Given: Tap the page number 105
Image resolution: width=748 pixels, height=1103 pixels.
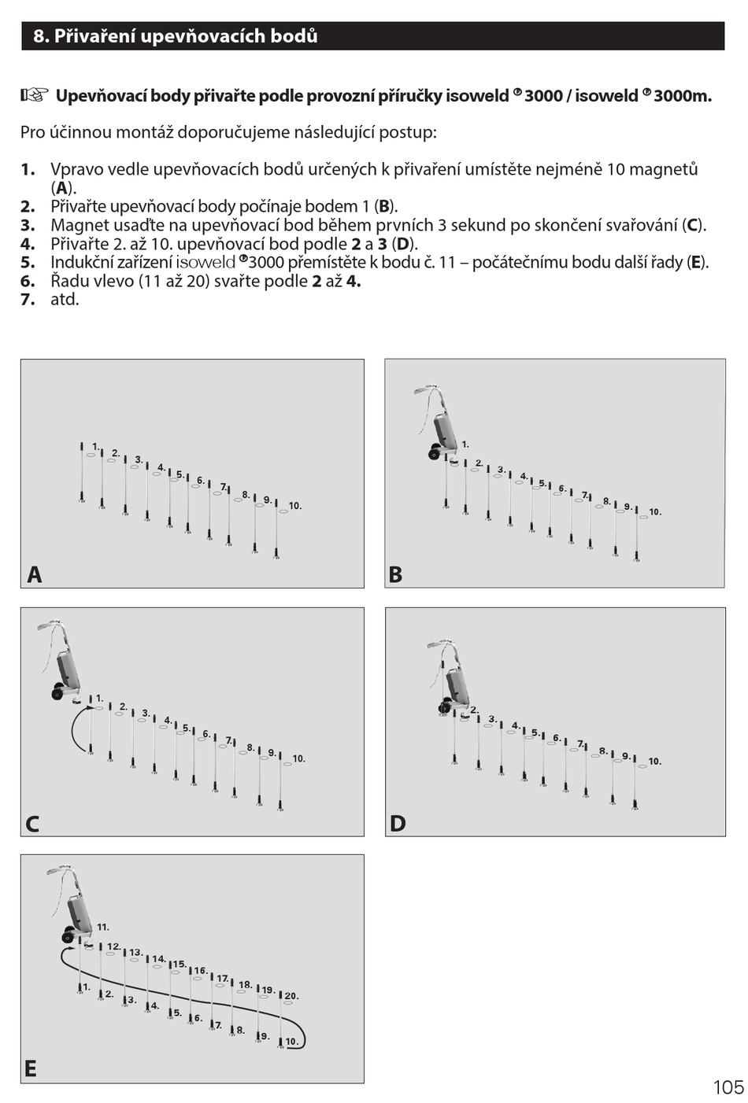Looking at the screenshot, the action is click(x=728, y=1087).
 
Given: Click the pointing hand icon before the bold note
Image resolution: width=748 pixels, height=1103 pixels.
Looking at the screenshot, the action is click(x=34, y=95).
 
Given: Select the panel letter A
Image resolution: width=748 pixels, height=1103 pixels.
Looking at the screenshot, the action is click(x=34, y=575).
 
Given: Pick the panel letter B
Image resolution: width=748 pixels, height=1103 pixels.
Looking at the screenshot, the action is click(x=395, y=575).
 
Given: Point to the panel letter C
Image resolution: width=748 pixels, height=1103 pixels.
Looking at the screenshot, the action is click(x=32, y=824).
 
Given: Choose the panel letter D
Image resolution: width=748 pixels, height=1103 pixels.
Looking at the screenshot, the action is click(x=398, y=824).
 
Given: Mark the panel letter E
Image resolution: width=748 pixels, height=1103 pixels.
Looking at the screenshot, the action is click(x=30, y=1069).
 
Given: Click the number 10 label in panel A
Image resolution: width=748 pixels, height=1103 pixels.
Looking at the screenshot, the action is click(x=294, y=506).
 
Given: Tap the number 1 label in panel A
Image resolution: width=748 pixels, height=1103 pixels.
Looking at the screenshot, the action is click(x=95, y=447).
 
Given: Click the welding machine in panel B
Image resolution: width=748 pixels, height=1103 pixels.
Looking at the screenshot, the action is click(x=443, y=429).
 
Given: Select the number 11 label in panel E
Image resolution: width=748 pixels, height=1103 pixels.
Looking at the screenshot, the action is click(x=103, y=928).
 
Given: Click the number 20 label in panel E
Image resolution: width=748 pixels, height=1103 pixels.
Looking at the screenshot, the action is click(x=291, y=996).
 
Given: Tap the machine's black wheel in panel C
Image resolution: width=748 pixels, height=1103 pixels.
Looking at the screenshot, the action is click(x=57, y=693).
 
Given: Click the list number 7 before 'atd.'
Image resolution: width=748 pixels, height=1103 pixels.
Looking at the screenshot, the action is click(x=28, y=300).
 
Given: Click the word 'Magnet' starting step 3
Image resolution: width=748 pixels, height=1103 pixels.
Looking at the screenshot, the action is click(x=78, y=225).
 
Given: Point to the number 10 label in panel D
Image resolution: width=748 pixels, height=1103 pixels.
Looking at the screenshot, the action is click(x=654, y=762).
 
